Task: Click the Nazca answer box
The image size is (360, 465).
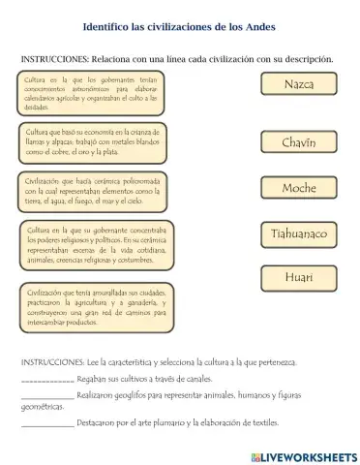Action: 298,85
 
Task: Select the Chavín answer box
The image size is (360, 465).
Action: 298,142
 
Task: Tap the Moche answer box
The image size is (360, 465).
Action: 298,188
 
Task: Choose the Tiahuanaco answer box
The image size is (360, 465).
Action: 298,233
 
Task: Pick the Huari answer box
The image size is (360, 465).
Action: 298,278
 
